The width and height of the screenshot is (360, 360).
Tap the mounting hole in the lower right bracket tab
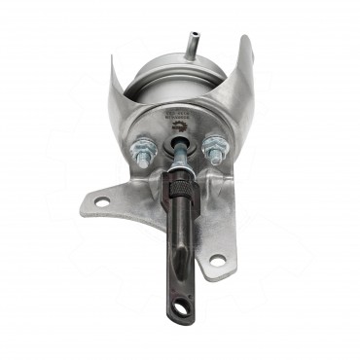point(217,260)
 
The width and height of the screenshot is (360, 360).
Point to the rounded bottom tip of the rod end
point(179,320)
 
